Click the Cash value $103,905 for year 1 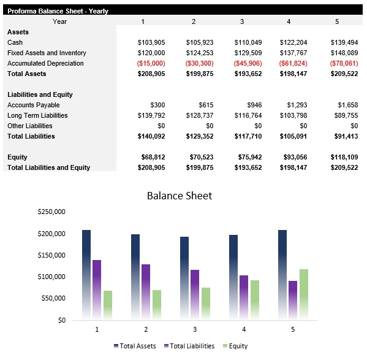click(151, 42)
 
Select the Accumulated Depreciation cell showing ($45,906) click(248, 63)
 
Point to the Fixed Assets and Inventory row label click(47, 53)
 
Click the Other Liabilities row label click(31, 126)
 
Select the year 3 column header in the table click(241, 21)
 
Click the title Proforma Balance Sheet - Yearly click(58, 11)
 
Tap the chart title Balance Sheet click(180, 196)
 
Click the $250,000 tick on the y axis click(51, 212)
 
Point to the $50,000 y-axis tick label click(53, 298)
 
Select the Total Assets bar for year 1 click(86, 274)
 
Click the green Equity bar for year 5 click(304, 294)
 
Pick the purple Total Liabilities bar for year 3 click(195, 294)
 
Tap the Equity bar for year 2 click(157, 304)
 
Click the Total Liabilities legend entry click(190, 346)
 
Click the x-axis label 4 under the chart click(244, 329)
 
